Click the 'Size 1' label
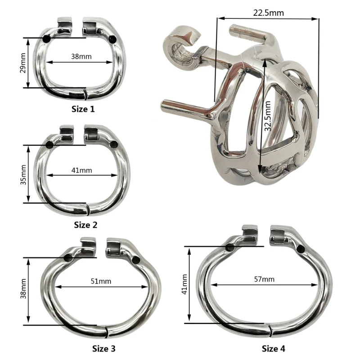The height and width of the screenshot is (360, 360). pos(83,108)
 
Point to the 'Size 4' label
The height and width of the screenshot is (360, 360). pos(274,348)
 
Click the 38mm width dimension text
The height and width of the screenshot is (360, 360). pos(81,57)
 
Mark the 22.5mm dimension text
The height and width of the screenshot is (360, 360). pos(268,13)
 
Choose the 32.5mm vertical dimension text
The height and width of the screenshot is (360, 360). pos(268,116)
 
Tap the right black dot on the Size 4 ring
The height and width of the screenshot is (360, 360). pos(300,250)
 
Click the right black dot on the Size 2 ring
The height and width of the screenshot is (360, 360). pos(114,144)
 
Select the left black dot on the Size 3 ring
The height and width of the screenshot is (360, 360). pos(68,258)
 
